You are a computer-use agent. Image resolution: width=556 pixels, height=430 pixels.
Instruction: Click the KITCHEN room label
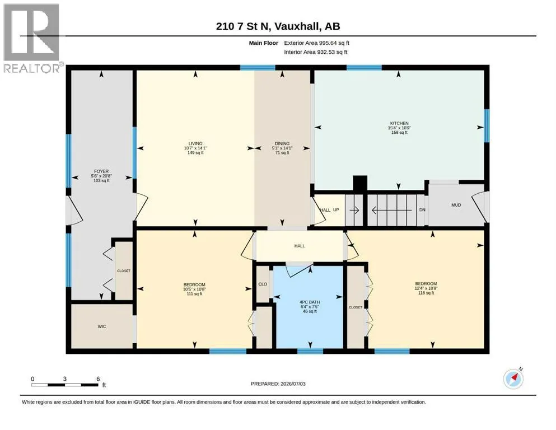[399, 123]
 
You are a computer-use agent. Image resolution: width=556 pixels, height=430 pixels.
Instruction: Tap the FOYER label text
[101, 171]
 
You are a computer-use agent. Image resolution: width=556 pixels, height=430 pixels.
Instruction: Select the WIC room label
[102, 326]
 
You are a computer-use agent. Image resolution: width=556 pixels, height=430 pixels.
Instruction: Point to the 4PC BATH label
[310, 302]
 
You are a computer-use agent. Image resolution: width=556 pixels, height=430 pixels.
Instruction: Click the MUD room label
[456, 205]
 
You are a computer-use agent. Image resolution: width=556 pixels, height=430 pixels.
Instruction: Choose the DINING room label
[282, 143]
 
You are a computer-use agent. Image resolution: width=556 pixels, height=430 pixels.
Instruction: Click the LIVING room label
[195, 143]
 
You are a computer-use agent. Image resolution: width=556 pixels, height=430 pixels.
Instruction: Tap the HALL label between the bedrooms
[300, 246]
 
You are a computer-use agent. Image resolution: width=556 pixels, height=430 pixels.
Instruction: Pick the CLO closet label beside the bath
[263, 284]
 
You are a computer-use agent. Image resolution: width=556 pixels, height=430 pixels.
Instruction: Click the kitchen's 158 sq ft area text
[399, 133]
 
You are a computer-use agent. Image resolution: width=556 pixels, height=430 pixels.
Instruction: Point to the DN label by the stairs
[422, 210]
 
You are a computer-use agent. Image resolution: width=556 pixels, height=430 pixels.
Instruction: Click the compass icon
[513, 378]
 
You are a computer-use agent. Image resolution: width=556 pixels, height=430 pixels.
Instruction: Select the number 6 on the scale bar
[98, 378]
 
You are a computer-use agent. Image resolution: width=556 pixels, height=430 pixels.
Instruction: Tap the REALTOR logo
[31, 38]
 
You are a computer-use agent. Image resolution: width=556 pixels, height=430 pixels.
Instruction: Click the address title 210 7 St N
[243, 26]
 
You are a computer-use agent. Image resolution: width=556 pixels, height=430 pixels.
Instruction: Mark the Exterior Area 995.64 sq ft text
[317, 43]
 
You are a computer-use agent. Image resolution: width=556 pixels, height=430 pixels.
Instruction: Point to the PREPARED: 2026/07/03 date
[278, 384]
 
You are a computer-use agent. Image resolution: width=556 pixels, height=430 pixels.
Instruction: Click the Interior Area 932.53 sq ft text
[316, 52]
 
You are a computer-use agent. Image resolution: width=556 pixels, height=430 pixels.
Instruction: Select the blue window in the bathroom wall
[310, 351]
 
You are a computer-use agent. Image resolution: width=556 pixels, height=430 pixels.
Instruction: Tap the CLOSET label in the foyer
[124, 271]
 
